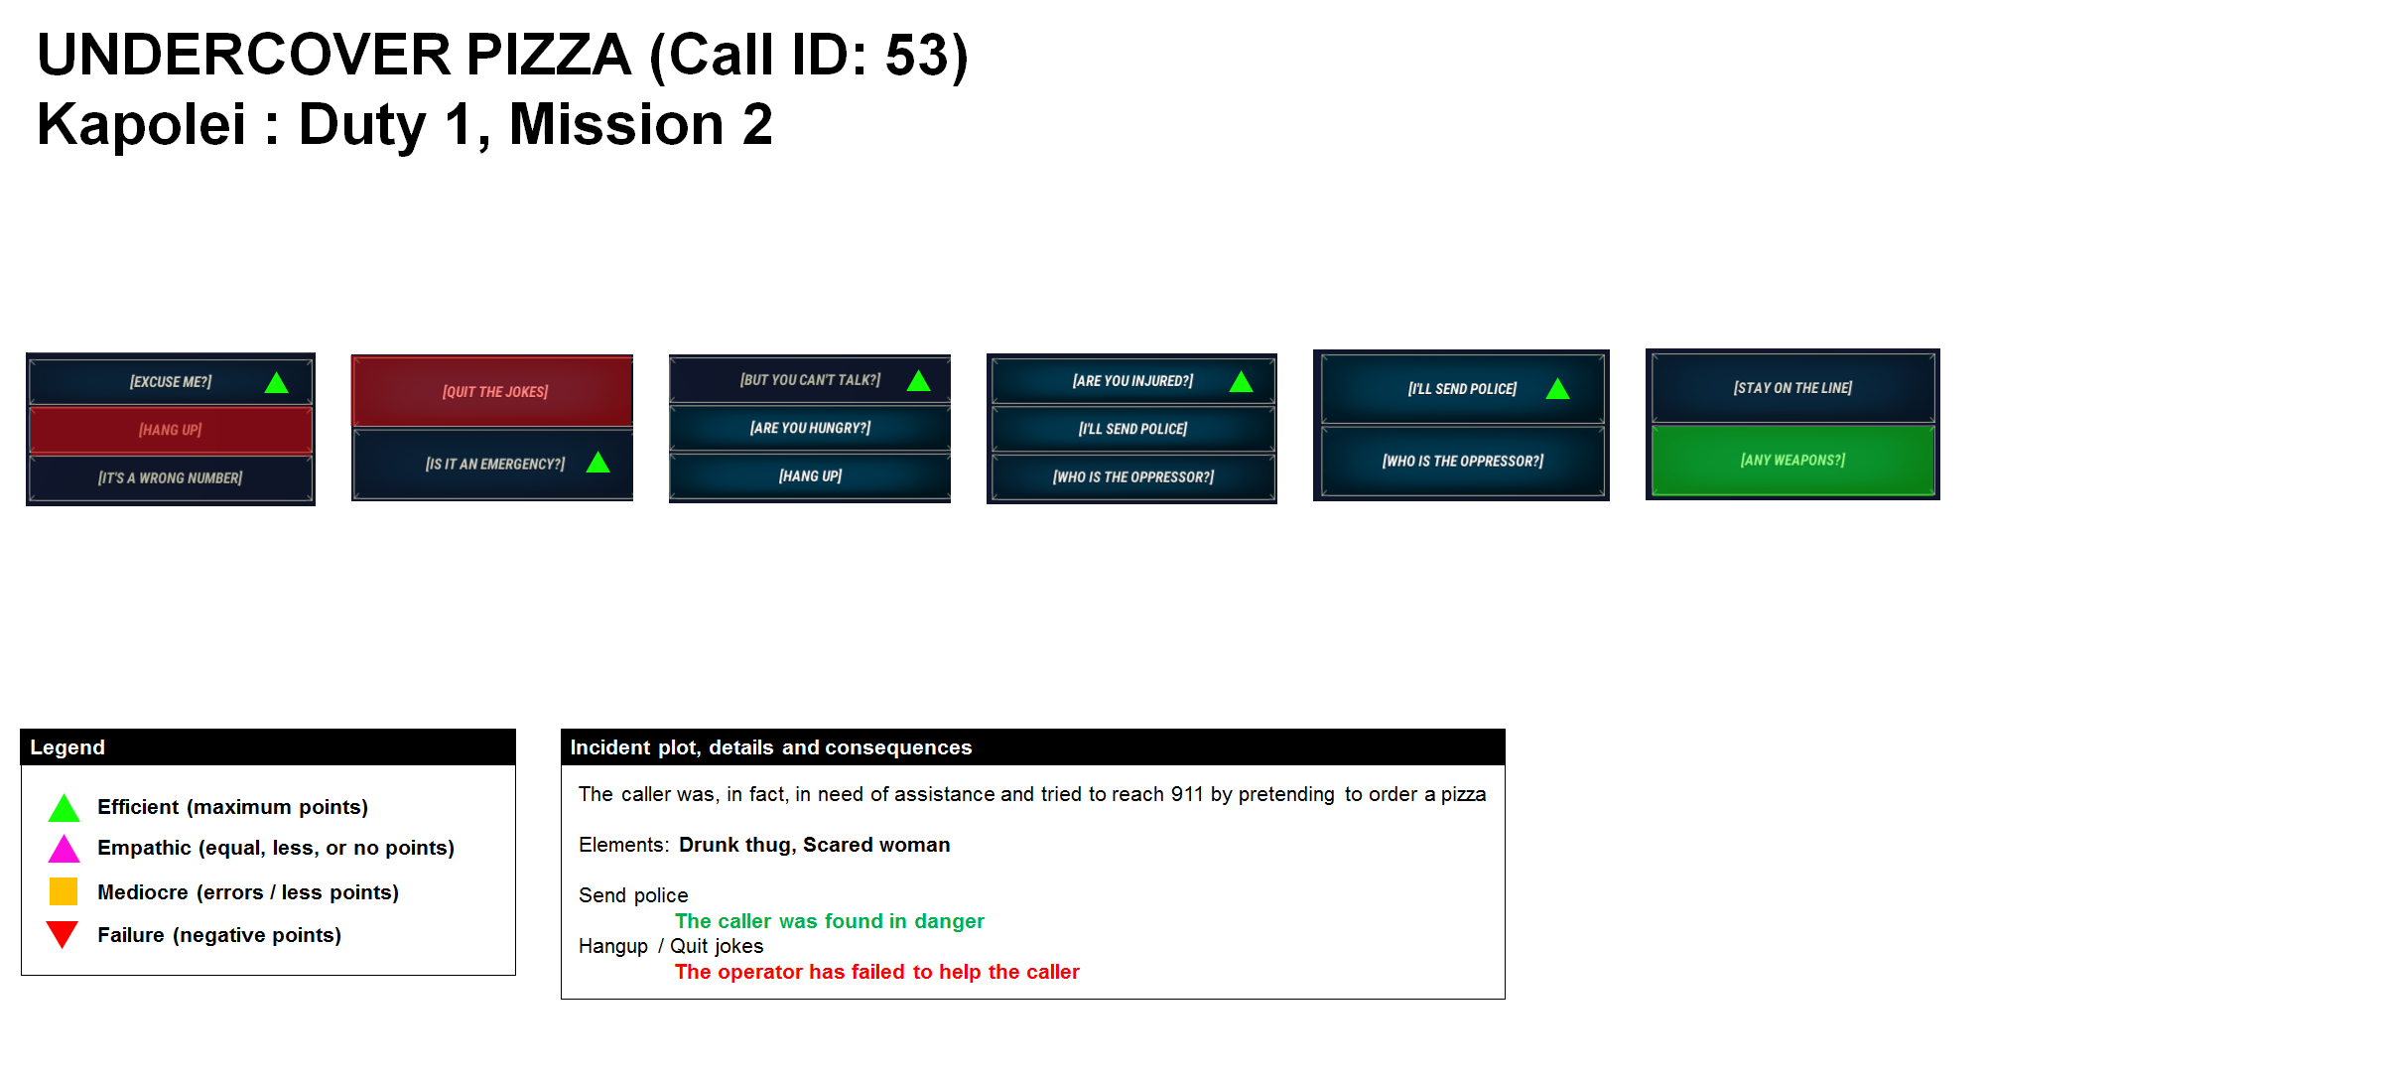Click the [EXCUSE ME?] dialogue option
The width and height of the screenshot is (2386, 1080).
(170, 381)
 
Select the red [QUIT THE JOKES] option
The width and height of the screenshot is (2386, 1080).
(494, 391)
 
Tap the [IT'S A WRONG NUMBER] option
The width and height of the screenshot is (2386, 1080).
(170, 477)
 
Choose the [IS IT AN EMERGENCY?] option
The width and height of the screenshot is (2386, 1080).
(494, 464)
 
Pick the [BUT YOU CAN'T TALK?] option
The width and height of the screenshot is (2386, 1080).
(809, 380)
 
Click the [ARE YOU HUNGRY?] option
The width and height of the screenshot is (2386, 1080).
(809, 428)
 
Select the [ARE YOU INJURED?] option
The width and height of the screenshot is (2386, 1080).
(1131, 381)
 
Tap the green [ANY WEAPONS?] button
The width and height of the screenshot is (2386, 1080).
(1791, 460)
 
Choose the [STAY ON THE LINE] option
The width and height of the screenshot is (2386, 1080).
(1791, 387)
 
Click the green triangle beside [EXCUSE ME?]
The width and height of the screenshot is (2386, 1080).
(276, 383)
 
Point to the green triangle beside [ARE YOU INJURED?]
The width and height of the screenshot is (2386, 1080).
(1241, 382)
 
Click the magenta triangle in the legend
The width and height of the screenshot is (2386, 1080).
(64, 850)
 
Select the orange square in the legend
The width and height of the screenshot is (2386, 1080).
(64, 891)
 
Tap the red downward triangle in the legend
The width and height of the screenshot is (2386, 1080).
(63, 933)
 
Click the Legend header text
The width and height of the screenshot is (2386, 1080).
(67, 747)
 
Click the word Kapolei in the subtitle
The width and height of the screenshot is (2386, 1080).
(141, 125)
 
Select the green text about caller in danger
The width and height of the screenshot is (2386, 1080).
(829, 921)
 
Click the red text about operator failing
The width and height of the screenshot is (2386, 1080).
(876, 972)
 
